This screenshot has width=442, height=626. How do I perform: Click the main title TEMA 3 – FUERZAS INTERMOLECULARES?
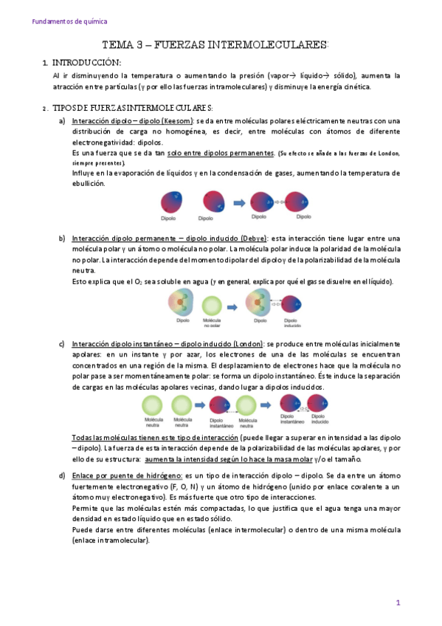214,45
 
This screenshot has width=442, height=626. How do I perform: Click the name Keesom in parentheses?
177,121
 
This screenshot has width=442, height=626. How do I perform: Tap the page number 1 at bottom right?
398,602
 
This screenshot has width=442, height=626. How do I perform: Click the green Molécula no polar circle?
212,305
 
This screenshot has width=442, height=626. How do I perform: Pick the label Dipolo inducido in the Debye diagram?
290,324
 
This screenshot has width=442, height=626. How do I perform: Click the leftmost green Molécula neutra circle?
153,405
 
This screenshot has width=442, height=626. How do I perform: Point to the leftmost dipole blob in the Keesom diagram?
172,201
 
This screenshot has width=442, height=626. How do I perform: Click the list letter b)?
62,238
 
